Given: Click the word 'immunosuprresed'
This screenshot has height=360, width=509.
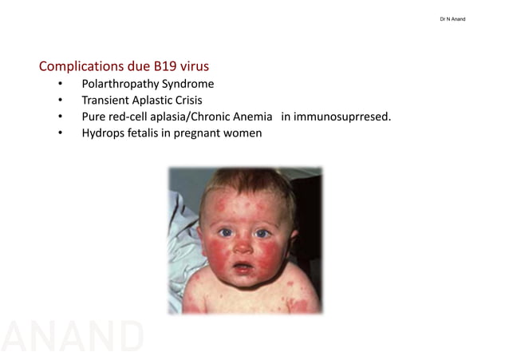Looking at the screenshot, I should point(343,117).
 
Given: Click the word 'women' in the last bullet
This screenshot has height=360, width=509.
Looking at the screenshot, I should point(243,133).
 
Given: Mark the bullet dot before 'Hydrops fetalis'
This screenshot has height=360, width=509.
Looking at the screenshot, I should point(60,134).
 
